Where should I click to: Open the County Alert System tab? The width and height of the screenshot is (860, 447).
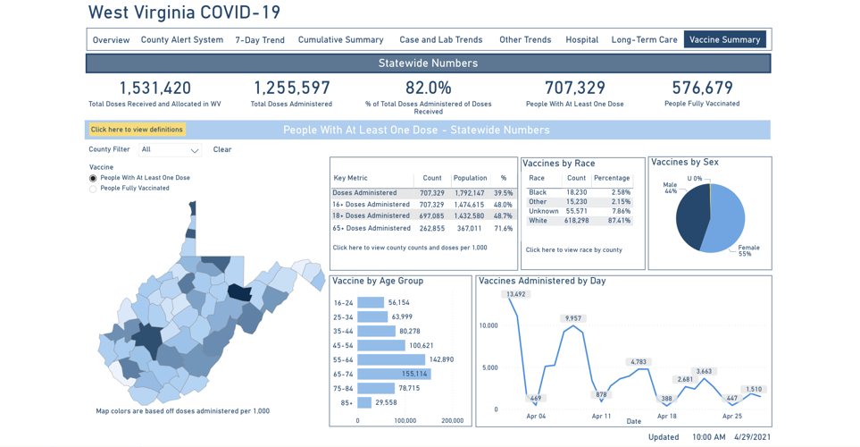(181, 40)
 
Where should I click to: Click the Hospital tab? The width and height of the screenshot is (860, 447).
(581, 40)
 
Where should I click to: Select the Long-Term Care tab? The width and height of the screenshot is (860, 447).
(644, 40)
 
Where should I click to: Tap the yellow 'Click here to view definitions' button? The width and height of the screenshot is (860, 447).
(137, 130)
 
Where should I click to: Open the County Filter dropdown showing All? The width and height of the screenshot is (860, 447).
(170, 150)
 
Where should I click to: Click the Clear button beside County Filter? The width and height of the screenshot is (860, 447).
(222, 150)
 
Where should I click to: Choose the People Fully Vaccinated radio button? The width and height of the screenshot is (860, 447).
(93, 189)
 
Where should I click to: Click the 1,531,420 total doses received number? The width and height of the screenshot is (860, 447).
(155, 89)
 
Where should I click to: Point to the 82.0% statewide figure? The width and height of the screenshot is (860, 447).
(428, 89)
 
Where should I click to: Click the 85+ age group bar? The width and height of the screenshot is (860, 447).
(364, 402)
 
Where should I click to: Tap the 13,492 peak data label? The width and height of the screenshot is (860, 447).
(515, 294)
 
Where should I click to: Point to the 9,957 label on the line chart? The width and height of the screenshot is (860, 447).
(573, 318)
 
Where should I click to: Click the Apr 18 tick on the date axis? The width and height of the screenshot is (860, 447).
(666, 417)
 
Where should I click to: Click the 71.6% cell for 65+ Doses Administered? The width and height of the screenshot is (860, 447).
(504, 229)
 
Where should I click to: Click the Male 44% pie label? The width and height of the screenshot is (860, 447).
(670, 189)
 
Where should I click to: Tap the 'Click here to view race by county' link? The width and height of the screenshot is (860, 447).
(573, 250)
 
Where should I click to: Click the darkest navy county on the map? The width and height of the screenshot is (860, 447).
(238, 292)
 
